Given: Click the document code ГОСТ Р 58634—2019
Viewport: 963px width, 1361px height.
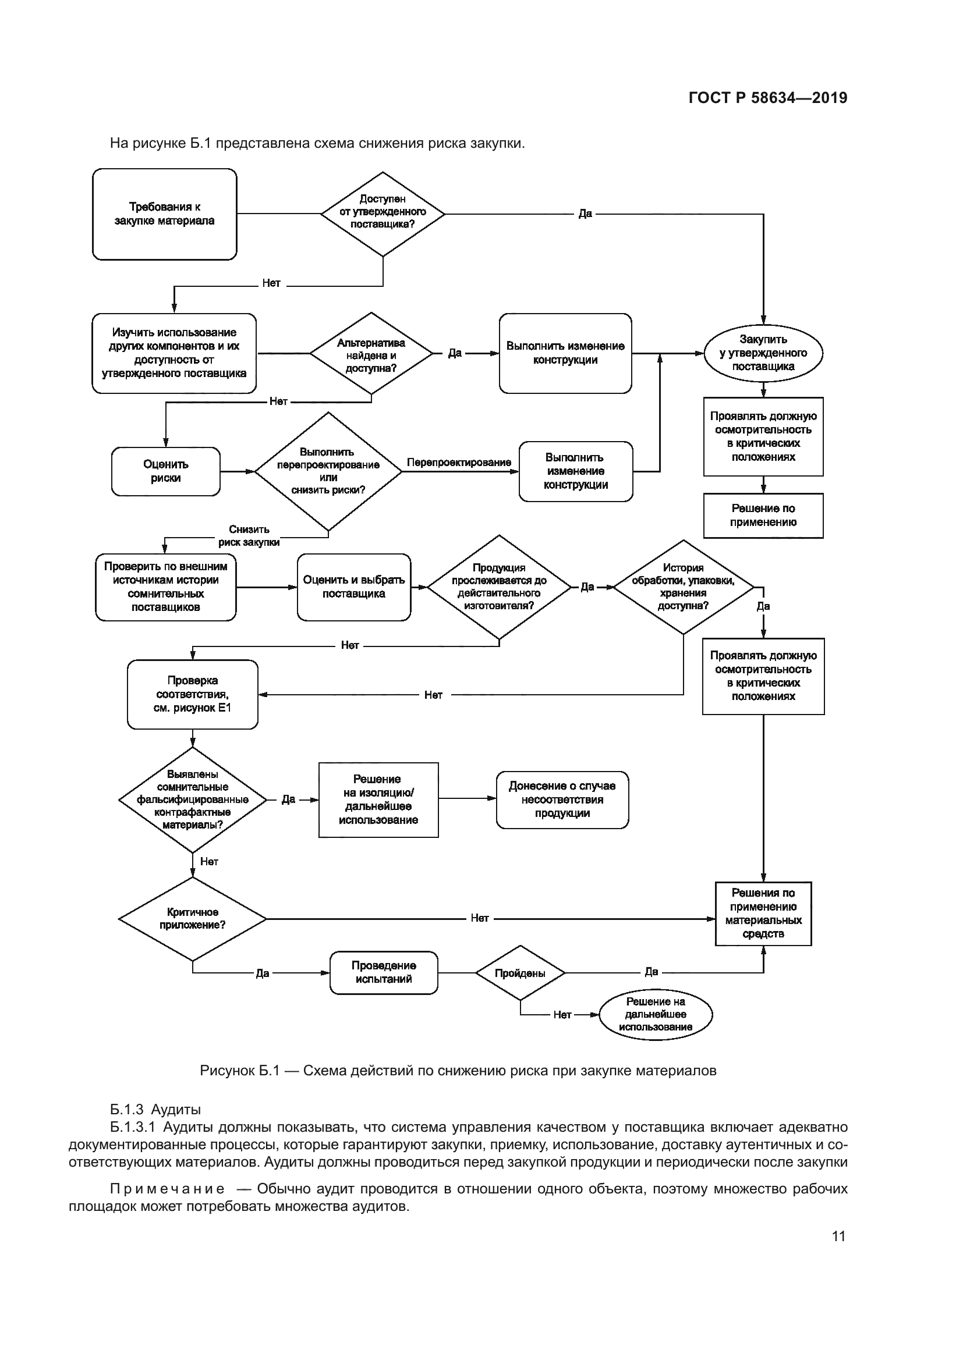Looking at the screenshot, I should (x=768, y=98).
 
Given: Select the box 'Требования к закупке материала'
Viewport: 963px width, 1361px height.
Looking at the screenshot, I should (x=164, y=214).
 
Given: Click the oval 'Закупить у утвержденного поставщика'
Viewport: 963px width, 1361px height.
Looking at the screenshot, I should (x=763, y=353).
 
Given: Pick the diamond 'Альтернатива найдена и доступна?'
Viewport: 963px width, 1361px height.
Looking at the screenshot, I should (x=371, y=354).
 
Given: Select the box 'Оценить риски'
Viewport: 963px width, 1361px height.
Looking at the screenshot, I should (x=165, y=471).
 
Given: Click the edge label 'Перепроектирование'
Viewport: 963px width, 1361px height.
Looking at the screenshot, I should (x=459, y=463).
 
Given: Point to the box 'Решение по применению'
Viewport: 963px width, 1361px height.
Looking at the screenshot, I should (x=763, y=516).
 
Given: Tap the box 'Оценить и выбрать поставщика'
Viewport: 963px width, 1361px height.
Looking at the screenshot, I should (x=354, y=587).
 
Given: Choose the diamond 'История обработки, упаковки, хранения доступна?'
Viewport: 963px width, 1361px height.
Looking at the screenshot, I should (x=683, y=587).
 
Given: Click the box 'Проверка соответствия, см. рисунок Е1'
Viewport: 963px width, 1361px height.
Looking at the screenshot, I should (x=193, y=694).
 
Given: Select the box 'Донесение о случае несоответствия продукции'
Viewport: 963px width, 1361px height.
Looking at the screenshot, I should (x=562, y=799).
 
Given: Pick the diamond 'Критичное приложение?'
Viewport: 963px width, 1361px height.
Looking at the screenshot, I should (x=193, y=919).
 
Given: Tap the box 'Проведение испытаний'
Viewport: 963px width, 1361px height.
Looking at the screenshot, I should (x=384, y=972).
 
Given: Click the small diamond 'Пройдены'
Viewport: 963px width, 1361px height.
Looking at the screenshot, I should (x=520, y=973).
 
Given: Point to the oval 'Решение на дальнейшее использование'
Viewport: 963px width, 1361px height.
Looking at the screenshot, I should (x=656, y=1014).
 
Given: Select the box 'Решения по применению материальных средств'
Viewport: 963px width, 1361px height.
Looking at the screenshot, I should (x=763, y=914).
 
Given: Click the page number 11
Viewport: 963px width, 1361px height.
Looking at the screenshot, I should (x=838, y=1236).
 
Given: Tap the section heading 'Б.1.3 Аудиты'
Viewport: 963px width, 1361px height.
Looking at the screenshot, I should (x=155, y=1110).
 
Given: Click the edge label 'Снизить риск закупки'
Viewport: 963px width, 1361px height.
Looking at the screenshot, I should (x=249, y=536).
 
